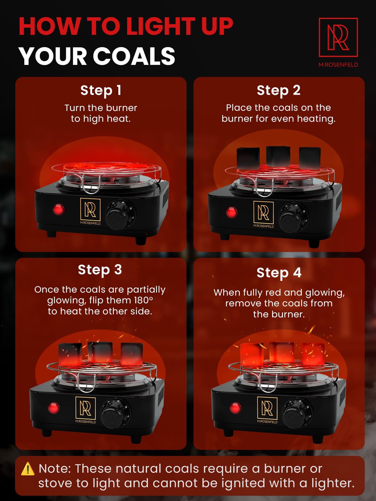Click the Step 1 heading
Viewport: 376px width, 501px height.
click(101, 91)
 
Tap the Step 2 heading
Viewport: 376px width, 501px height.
click(278, 91)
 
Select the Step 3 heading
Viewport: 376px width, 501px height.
click(100, 270)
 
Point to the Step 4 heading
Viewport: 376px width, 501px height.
click(279, 273)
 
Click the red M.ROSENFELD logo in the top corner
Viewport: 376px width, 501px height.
click(338, 42)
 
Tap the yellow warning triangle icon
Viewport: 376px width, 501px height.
click(28, 469)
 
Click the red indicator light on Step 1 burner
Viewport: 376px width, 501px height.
click(58, 209)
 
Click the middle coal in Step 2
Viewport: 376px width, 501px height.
click(278, 157)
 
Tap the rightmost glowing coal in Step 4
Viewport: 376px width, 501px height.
click(313, 354)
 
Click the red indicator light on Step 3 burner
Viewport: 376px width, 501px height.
click(54, 408)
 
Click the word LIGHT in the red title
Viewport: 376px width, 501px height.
click(161, 26)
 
